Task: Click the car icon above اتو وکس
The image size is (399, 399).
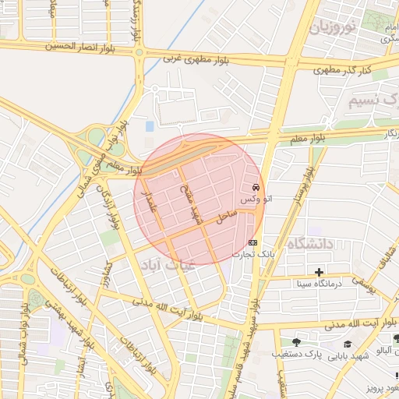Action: [x=256, y=188]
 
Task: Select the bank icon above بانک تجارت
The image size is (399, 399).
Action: [x=252, y=242]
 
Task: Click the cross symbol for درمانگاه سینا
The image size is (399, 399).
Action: [x=319, y=272]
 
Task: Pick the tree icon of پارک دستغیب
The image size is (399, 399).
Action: [x=295, y=341]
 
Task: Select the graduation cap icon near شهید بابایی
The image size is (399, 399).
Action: [x=347, y=344]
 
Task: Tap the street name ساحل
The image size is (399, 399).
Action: [x=227, y=217]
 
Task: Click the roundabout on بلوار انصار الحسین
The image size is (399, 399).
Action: [x=139, y=53]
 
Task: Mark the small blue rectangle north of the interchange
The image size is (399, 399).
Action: [x=150, y=125]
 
